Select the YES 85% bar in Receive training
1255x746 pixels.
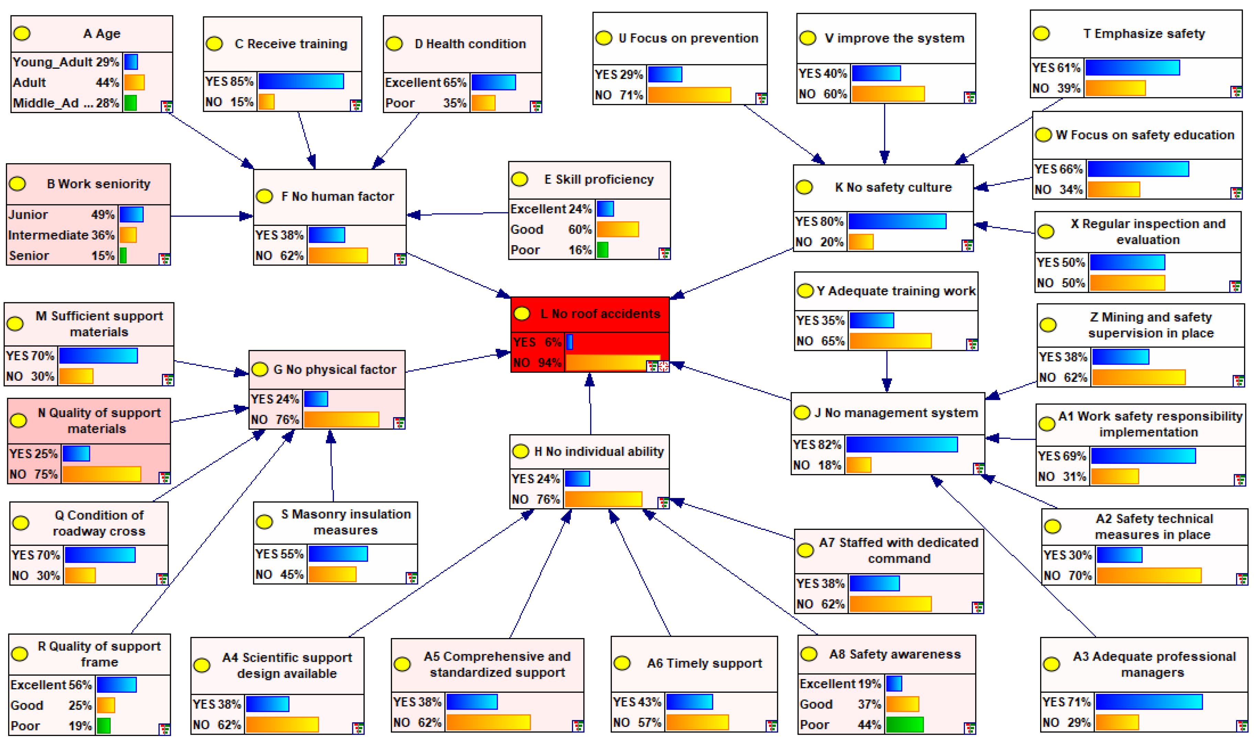click(x=301, y=81)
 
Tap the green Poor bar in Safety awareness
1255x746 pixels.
click(x=904, y=724)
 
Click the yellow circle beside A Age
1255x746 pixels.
click(x=22, y=34)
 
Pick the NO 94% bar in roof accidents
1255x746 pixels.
click(x=612, y=363)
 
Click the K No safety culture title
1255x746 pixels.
click(x=893, y=188)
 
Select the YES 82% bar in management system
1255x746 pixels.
click(x=902, y=444)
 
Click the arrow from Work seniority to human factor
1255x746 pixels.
click(x=211, y=216)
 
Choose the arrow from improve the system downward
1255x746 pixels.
click(x=884, y=133)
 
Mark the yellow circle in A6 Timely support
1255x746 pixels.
click(x=622, y=663)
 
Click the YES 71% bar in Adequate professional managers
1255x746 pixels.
click(x=1148, y=702)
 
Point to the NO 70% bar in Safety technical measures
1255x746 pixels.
click(x=1148, y=575)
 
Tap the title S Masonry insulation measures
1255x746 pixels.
click(x=345, y=522)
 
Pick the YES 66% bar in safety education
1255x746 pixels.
click(x=1138, y=169)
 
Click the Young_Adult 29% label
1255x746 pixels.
click(x=65, y=62)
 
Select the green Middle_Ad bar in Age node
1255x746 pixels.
click(x=130, y=103)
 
